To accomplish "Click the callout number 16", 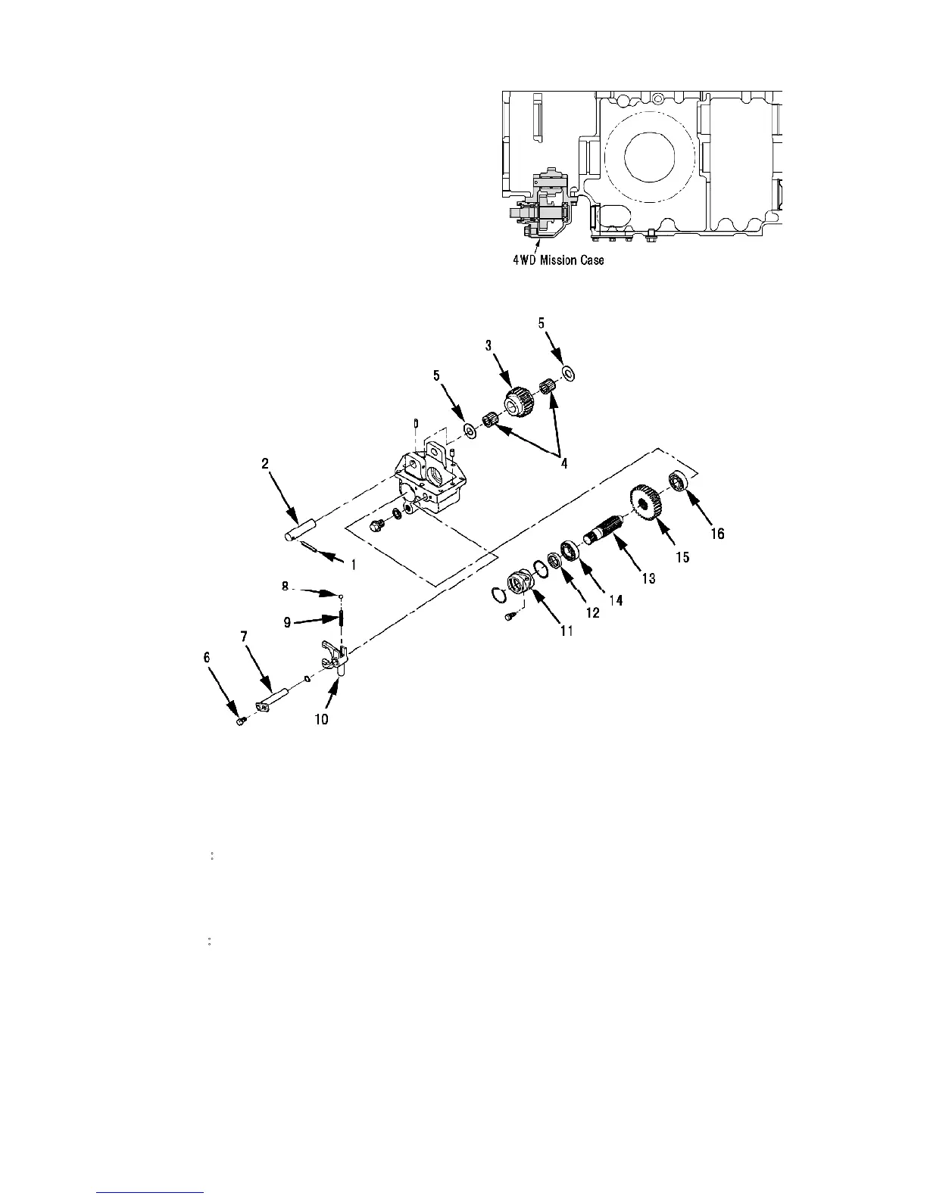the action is click(716, 534).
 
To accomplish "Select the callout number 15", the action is click(682, 557).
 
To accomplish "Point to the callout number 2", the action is click(265, 464).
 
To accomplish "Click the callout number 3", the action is click(488, 345).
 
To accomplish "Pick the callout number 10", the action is click(322, 719).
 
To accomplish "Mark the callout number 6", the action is click(206, 659).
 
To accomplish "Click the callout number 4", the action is click(563, 463).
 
